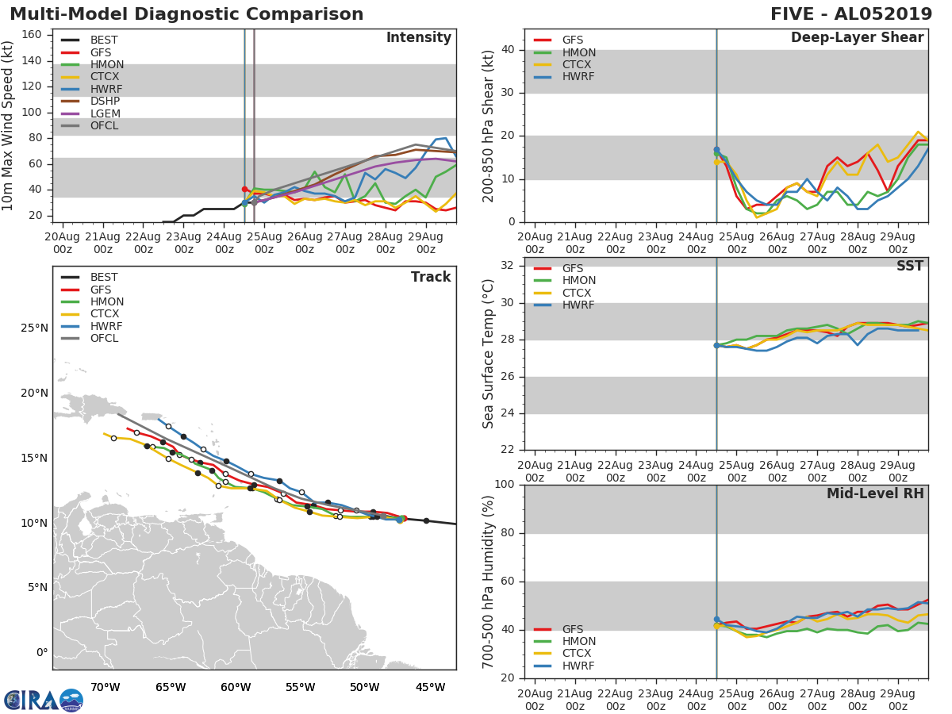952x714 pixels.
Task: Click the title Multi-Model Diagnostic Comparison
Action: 186,14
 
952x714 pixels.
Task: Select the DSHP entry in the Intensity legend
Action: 105,102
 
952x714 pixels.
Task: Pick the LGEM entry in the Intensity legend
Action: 105,113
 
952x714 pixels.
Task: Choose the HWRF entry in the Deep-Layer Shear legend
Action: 578,77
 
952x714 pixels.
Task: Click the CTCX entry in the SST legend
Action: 578,293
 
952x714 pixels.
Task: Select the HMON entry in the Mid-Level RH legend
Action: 578,641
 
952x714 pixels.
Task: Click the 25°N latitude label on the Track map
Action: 33,328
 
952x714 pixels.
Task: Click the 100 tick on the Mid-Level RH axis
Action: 503,485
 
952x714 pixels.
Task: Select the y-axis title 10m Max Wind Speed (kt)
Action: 8,127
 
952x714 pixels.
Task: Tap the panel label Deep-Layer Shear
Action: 857,38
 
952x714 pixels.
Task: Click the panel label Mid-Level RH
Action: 874,493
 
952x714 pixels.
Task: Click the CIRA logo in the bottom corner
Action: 44,700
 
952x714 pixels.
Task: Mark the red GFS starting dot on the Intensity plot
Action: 244,189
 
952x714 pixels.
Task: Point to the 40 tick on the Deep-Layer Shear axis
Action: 509,50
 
